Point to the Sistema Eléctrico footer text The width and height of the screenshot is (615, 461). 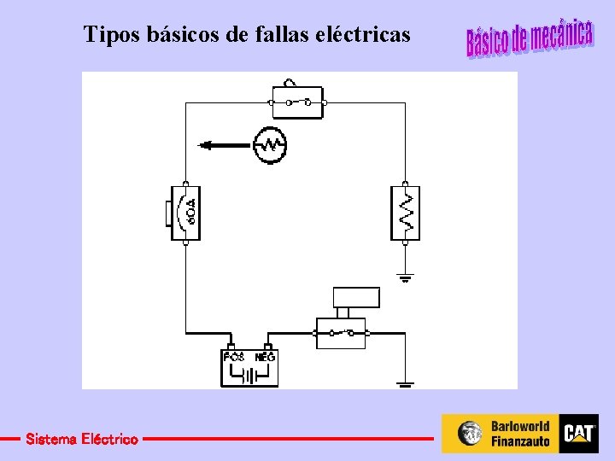[x=82, y=440]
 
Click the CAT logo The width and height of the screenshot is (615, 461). [x=578, y=434]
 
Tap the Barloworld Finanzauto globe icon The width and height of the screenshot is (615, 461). [x=469, y=434]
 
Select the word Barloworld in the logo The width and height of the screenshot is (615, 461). [x=520, y=426]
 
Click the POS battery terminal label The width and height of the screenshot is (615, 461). [x=234, y=357]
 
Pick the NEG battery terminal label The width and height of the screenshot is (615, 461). [x=266, y=357]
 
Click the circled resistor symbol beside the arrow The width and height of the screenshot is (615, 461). [x=270, y=145]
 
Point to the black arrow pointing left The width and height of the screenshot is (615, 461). [x=223, y=145]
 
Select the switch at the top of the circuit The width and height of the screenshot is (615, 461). [x=296, y=102]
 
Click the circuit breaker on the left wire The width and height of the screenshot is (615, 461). [x=184, y=213]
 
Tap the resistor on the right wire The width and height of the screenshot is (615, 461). [x=406, y=213]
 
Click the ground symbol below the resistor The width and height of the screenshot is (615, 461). [x=406, y=277]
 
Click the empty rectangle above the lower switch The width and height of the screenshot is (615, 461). [x=356, y=297]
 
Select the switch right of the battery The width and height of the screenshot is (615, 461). [x=341, y=332]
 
